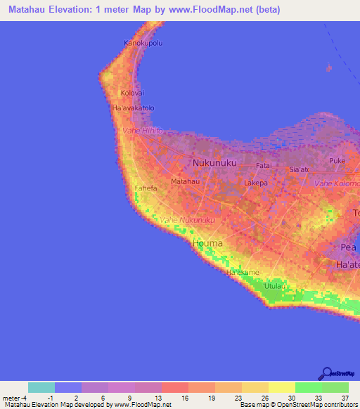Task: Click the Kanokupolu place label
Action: [144, 43]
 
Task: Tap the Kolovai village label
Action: [131, 93]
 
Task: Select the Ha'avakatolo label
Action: [133, 108]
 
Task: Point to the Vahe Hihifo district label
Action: [143, 131]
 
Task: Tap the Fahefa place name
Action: [146, 188]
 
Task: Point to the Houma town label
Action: [207, 243]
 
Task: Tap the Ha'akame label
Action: [243, 272]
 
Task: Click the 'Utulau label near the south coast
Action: [276, 286]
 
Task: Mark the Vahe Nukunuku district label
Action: [186, 221]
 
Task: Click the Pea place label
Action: [349, 248]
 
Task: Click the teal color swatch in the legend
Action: [41, 387]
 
